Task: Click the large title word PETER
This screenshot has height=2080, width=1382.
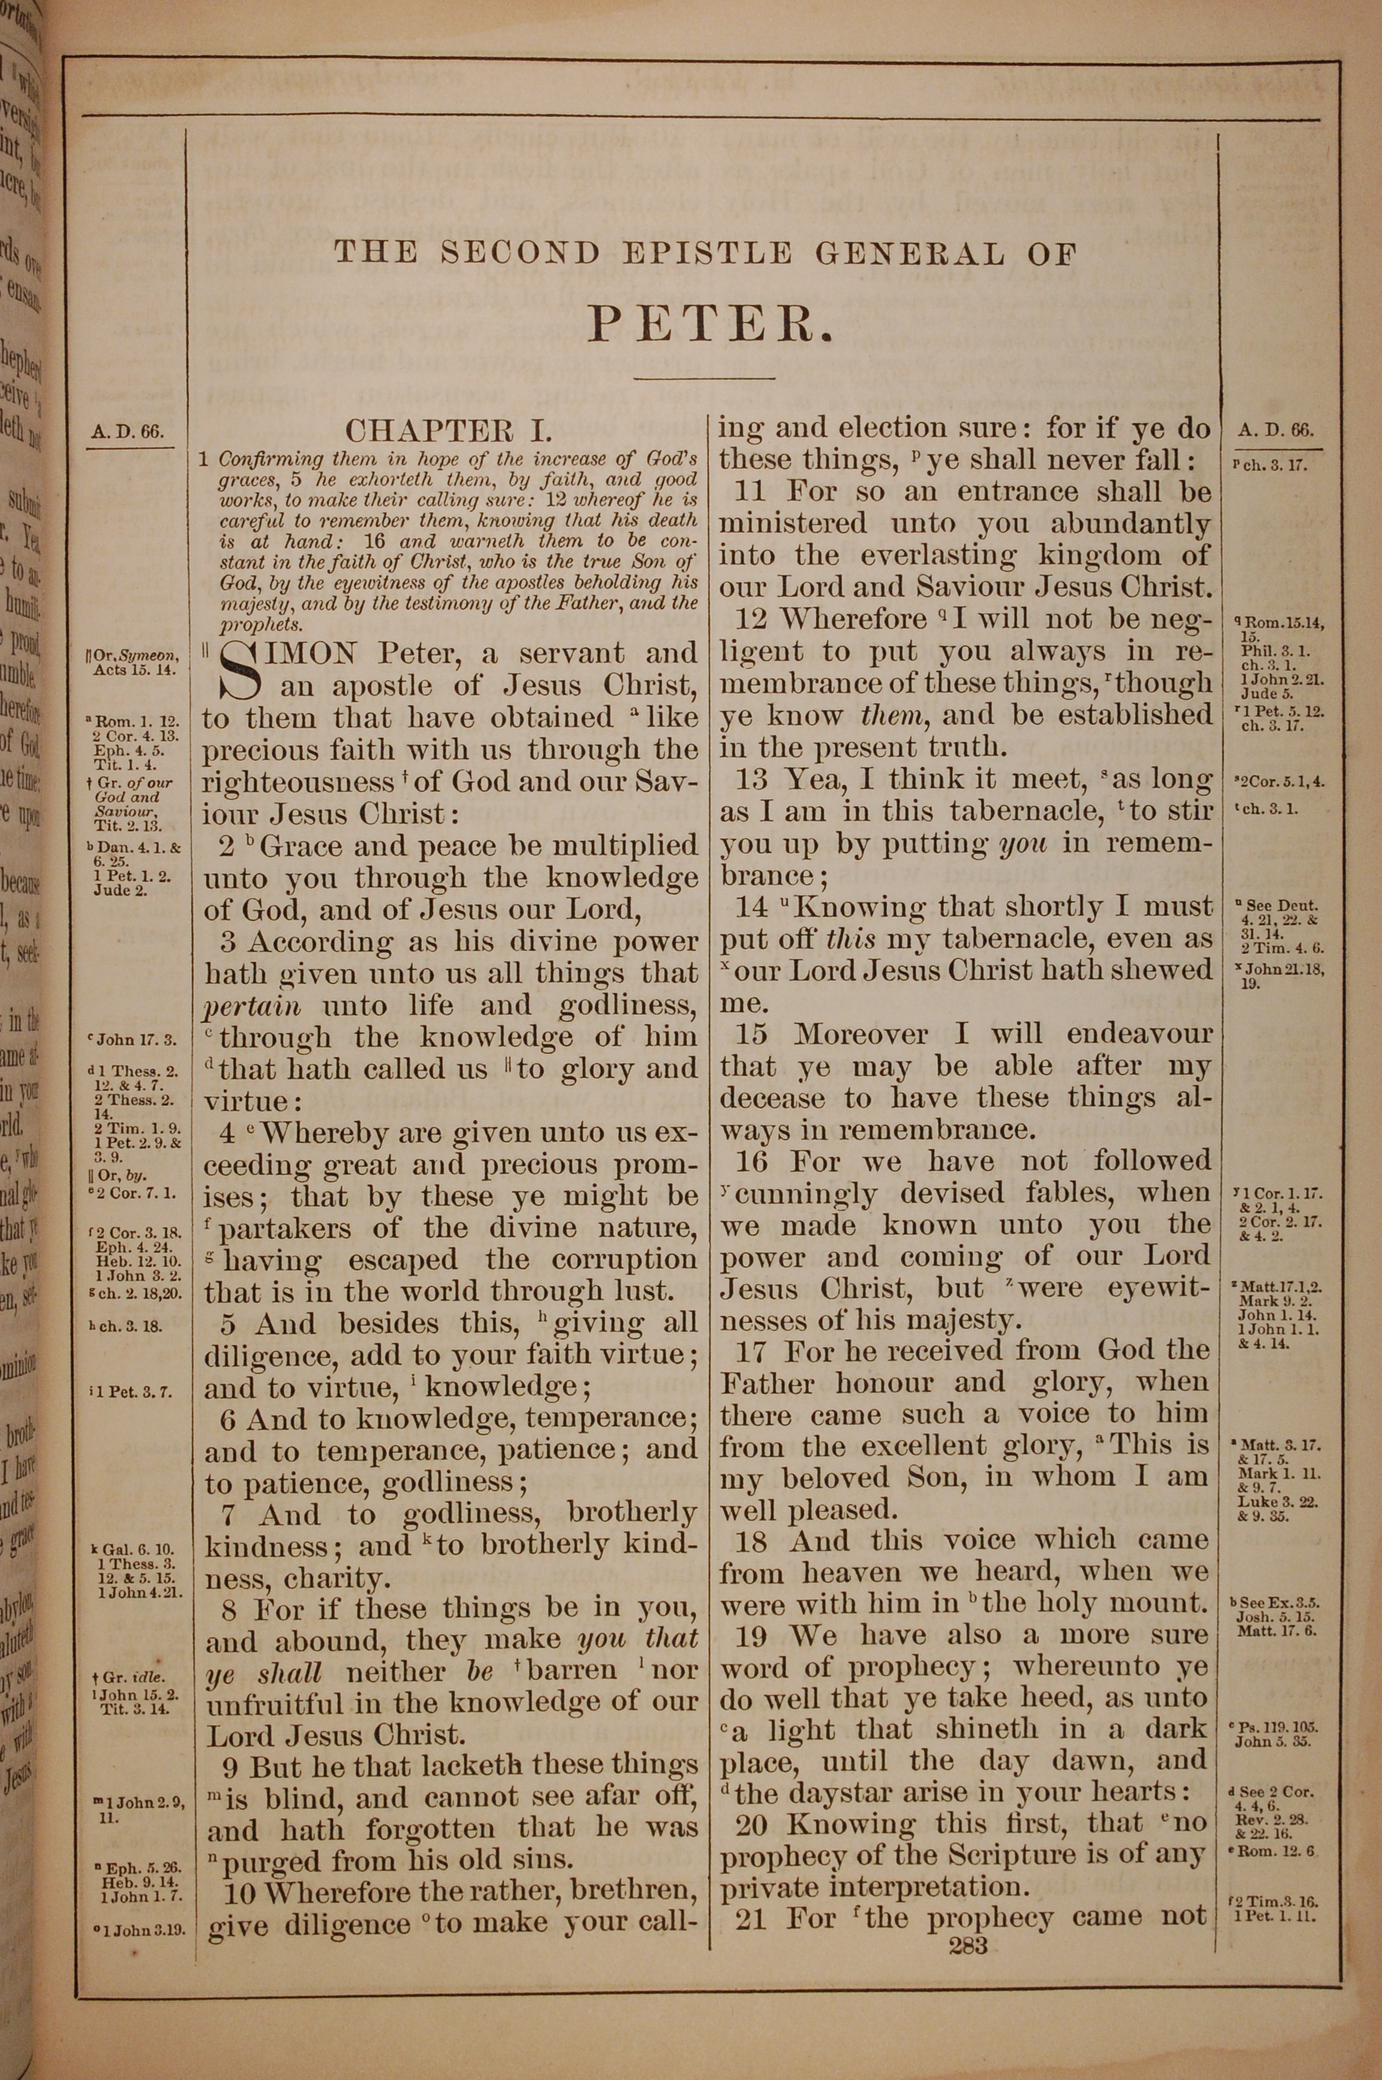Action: point(710,324)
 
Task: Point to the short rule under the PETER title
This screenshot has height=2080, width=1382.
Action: point(704,379)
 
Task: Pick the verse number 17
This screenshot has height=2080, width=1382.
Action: point(752,1350)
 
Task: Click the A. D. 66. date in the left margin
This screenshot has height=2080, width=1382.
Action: point(127,432)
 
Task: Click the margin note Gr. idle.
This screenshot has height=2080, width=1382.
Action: point(133,1677)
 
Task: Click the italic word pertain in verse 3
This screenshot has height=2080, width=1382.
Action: point(253,1006)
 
